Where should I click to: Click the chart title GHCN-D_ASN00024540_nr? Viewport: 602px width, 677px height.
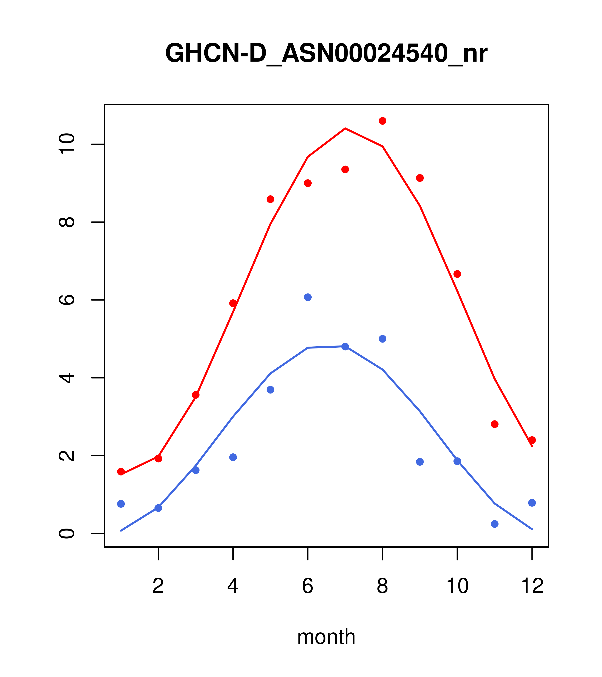326,53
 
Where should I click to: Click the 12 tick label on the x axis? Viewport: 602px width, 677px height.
532,586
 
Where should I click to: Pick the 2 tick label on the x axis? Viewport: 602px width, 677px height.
158,586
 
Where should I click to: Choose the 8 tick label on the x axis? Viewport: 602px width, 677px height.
382,586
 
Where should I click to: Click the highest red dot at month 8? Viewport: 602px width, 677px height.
382,121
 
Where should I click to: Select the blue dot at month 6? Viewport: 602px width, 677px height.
308,297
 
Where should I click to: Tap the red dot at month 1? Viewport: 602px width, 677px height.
121,472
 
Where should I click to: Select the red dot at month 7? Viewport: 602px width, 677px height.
345,170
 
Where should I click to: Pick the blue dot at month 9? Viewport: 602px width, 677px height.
420,462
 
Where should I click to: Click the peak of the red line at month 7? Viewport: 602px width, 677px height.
345,128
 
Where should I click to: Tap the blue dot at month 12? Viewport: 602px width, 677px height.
532,503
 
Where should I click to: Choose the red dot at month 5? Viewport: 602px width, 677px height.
270,199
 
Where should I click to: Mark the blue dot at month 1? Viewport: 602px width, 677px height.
121,504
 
